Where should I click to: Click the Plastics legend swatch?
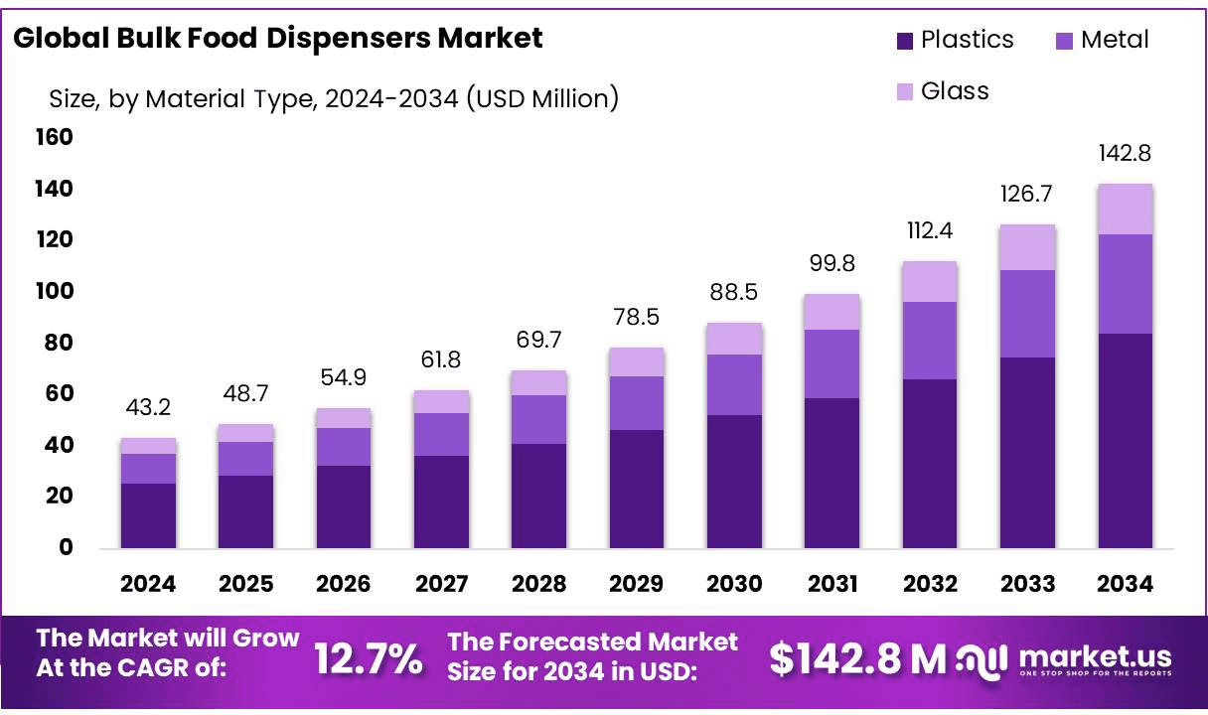[x=904, y=41]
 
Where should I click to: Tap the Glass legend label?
[x=955, y=91]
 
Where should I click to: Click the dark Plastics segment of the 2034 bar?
[x=1125, y=440]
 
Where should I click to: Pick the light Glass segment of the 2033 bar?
[x=1027, y=247]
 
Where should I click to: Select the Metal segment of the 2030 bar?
[x=734, y=384]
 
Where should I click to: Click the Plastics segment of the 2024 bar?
[x=148, y=515]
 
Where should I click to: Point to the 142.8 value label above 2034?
[x=1125, y=154]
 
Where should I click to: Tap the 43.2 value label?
[x=148, y=408]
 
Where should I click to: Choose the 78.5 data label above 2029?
[x=637, y=318]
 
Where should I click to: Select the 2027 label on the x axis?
[x=441, y=584]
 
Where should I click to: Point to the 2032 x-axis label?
[x=930, y=584]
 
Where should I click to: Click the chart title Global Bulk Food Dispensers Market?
[x=278, y=39]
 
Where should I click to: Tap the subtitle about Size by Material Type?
[x=334, y=98]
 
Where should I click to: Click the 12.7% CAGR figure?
[x=369, y=658]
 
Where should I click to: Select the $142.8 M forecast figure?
[x=857, y=658]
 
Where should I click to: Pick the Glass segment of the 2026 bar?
[x=344, y=418]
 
